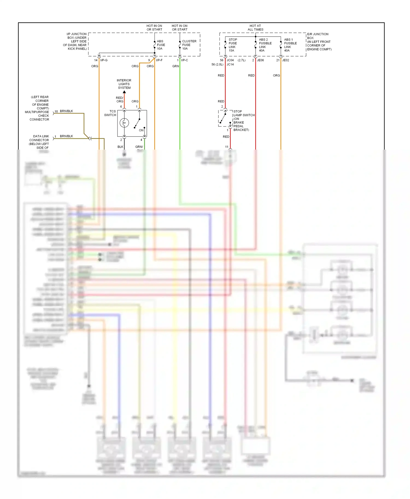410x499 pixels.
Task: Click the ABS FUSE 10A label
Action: click(x=161, y=45)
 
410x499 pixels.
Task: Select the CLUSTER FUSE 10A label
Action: click(x=189, y=45)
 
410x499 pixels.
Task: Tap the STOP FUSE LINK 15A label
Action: click(x=233, y=45)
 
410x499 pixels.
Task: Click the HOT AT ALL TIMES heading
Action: click(x=255, y=28)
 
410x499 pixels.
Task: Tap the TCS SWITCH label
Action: click(x=110, y=113)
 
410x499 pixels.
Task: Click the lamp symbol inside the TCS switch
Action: click(x=124, y=123)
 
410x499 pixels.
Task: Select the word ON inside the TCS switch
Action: click(x=141, y=130)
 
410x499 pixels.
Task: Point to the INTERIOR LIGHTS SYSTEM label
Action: click(x=124, y=84)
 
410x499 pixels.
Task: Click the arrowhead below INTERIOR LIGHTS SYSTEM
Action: click(x=124, y=92)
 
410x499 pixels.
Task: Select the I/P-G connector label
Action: click(x=104, y=60)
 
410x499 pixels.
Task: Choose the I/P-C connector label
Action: click(x=184, y=60)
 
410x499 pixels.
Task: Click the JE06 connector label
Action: click(x=260, y=60)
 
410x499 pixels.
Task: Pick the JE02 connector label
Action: click(x=285, y=60)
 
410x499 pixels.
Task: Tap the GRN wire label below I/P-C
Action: click(x=175, y=66)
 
